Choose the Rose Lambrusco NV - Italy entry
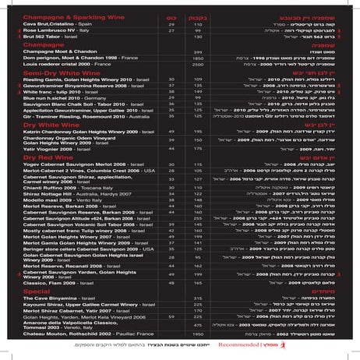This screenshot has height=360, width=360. pyautogui.click(x=47, y=30)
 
